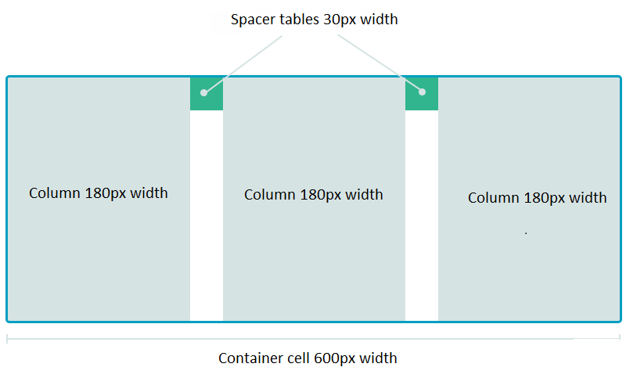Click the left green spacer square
click(x=207, y=94)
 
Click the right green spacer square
click(x=421, y=94)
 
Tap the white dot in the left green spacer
click(x=203, y=92)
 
